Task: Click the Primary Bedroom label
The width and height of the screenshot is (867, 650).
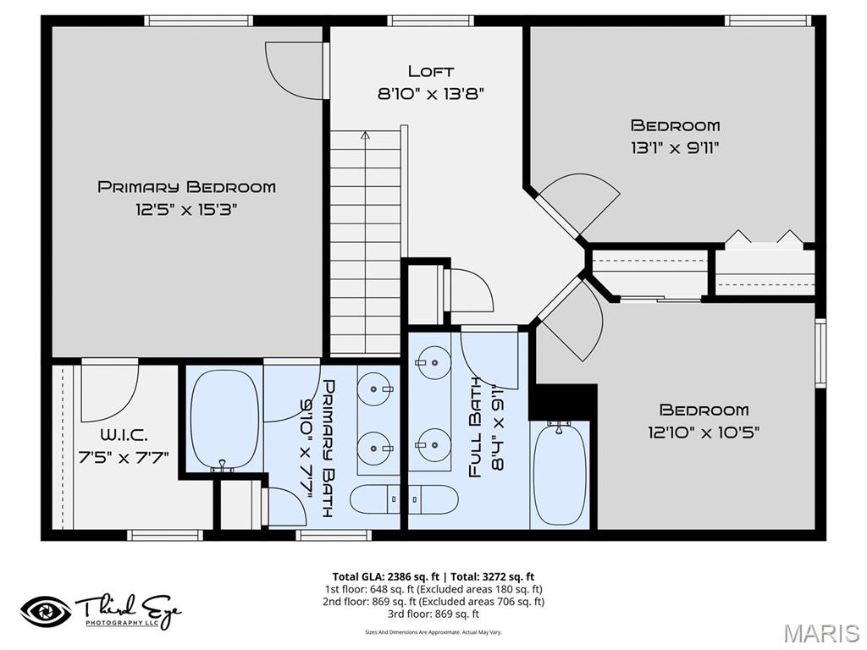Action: (186, 187)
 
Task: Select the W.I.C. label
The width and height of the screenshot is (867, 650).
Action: (123, 435)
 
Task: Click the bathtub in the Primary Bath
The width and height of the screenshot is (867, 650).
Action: (224, 418)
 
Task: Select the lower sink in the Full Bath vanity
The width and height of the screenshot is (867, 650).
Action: (432, 443)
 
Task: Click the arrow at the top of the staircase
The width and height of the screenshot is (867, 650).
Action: (365, 135)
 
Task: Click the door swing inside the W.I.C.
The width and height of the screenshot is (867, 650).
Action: (108, 392)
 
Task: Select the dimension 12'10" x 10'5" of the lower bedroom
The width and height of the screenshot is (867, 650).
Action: (704, 432)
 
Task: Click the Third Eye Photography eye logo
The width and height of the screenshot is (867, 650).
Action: (46, 610)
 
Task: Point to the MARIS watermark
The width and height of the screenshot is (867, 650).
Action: (820, 632)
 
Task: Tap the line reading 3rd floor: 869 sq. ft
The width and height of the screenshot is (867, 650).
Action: (433, 614)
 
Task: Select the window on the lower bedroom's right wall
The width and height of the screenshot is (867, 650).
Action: (820, 353)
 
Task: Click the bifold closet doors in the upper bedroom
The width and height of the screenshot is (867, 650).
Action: (764, 239)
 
